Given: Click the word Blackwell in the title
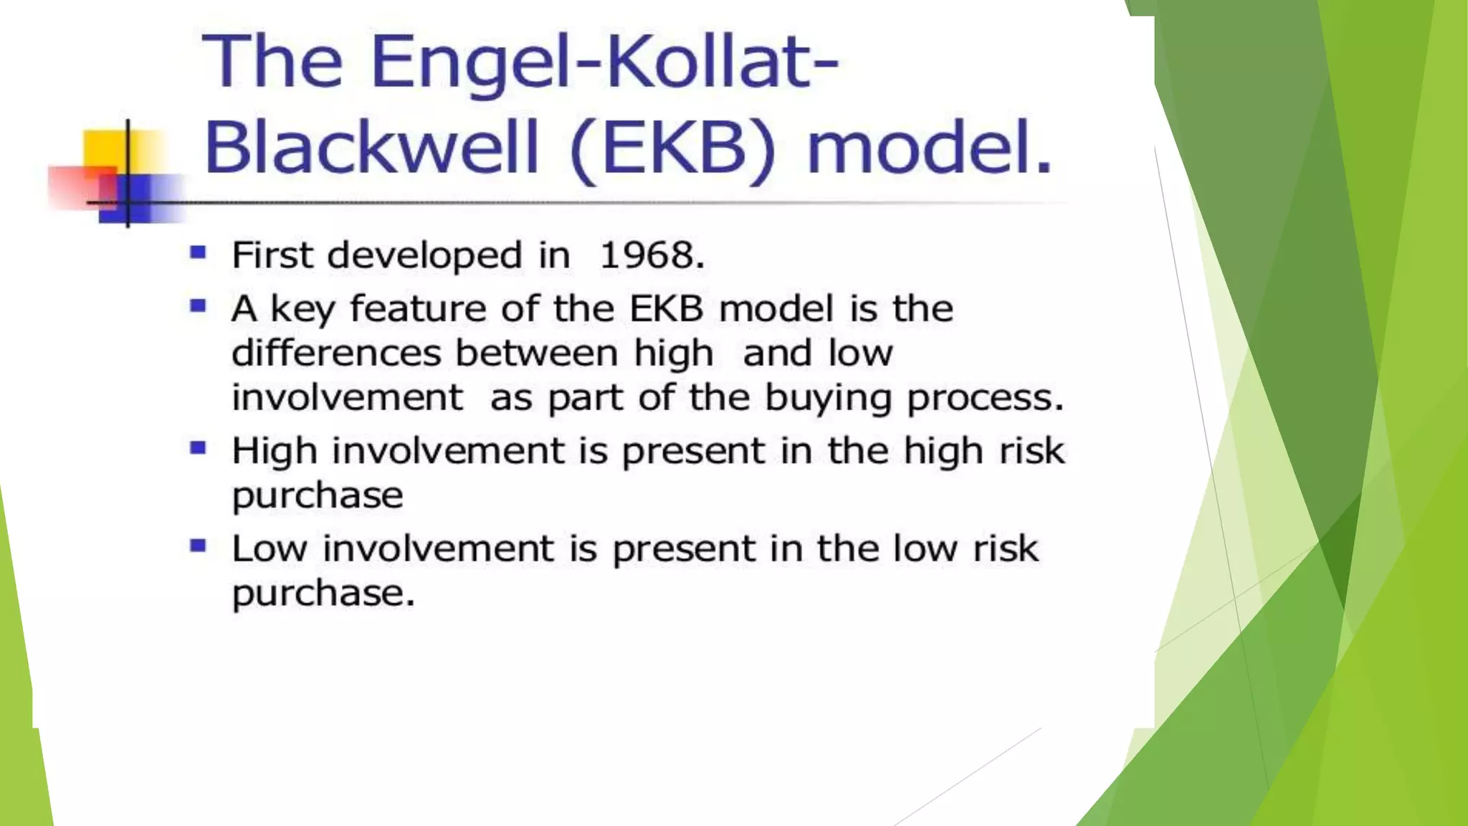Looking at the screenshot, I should (371, 147).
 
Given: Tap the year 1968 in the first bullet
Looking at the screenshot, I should (652, 255).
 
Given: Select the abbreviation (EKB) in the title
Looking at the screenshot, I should (673, 148).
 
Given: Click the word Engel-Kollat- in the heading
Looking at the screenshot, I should (604, 62).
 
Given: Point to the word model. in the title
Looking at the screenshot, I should (930, 147).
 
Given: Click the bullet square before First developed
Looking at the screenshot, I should (198, 252).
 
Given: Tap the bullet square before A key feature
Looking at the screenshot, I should (198, 306).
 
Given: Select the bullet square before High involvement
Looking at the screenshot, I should (198, 448).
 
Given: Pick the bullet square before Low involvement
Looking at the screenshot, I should (198, 546).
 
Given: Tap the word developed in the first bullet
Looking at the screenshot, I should (424, 256).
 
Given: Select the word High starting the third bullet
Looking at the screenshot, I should (274, 452).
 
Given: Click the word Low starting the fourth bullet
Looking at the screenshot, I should (270, 549).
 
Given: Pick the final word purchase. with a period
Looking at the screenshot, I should (323, 594).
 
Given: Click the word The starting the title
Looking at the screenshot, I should (272, 62).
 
